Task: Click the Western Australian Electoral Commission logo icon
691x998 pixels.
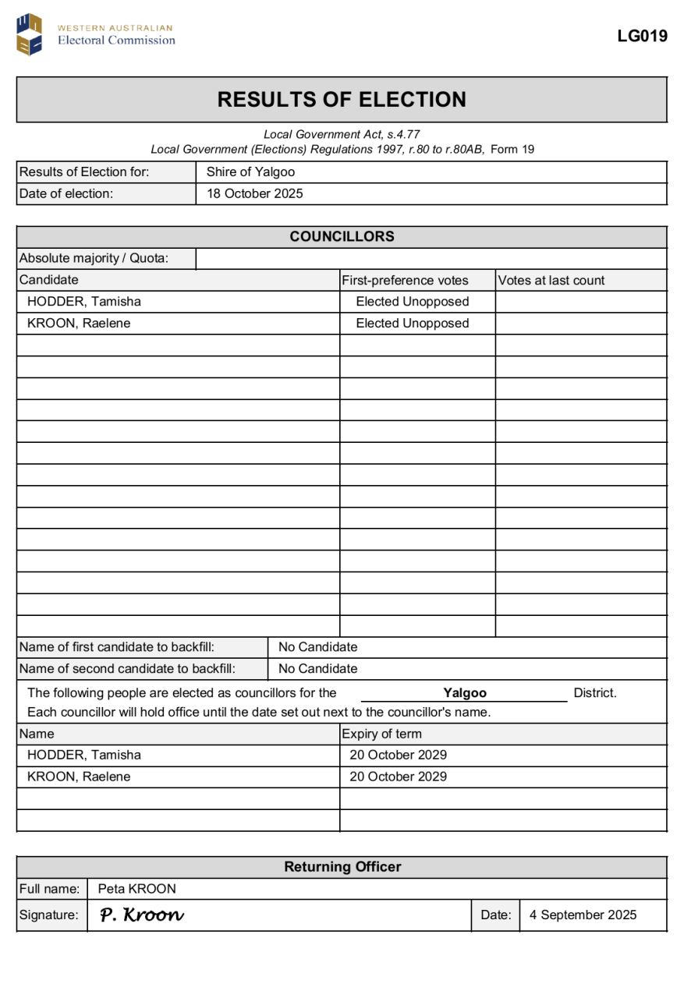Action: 30,34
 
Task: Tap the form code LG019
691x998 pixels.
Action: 642,36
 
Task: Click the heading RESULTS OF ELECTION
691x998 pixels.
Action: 342,100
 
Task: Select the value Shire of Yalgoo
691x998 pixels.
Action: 250,172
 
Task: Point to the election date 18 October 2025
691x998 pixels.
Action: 254,194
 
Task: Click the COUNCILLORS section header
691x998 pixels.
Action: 342,237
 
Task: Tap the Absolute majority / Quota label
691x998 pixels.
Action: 94,259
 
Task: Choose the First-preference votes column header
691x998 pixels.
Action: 405,281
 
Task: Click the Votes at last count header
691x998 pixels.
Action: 551,281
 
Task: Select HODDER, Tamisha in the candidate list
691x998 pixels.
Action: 84,302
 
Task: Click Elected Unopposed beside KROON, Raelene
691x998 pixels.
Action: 412,324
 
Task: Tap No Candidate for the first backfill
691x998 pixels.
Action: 317,647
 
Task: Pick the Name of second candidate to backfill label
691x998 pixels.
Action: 127,669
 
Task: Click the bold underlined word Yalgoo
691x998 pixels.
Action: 465,693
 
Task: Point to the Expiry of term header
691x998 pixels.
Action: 381,734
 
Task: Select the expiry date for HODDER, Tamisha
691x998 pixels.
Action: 398,756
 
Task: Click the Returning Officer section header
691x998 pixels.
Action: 342,867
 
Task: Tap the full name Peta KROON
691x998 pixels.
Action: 136,889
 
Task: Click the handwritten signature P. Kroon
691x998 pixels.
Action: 142,915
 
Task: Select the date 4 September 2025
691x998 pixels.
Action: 583,915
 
